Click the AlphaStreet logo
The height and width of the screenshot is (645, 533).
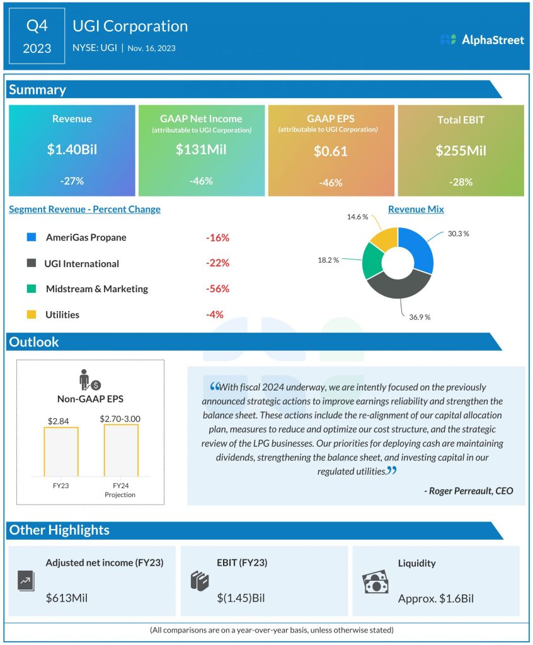482,40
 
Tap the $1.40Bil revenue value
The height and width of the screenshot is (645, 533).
72,150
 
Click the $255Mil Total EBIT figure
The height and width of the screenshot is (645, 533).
461,151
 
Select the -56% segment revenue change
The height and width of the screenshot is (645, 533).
217,289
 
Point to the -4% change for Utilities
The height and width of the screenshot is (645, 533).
215,314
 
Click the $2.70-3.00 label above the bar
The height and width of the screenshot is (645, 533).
120,418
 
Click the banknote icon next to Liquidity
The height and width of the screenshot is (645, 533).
375,583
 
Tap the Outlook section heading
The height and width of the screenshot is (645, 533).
34,342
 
